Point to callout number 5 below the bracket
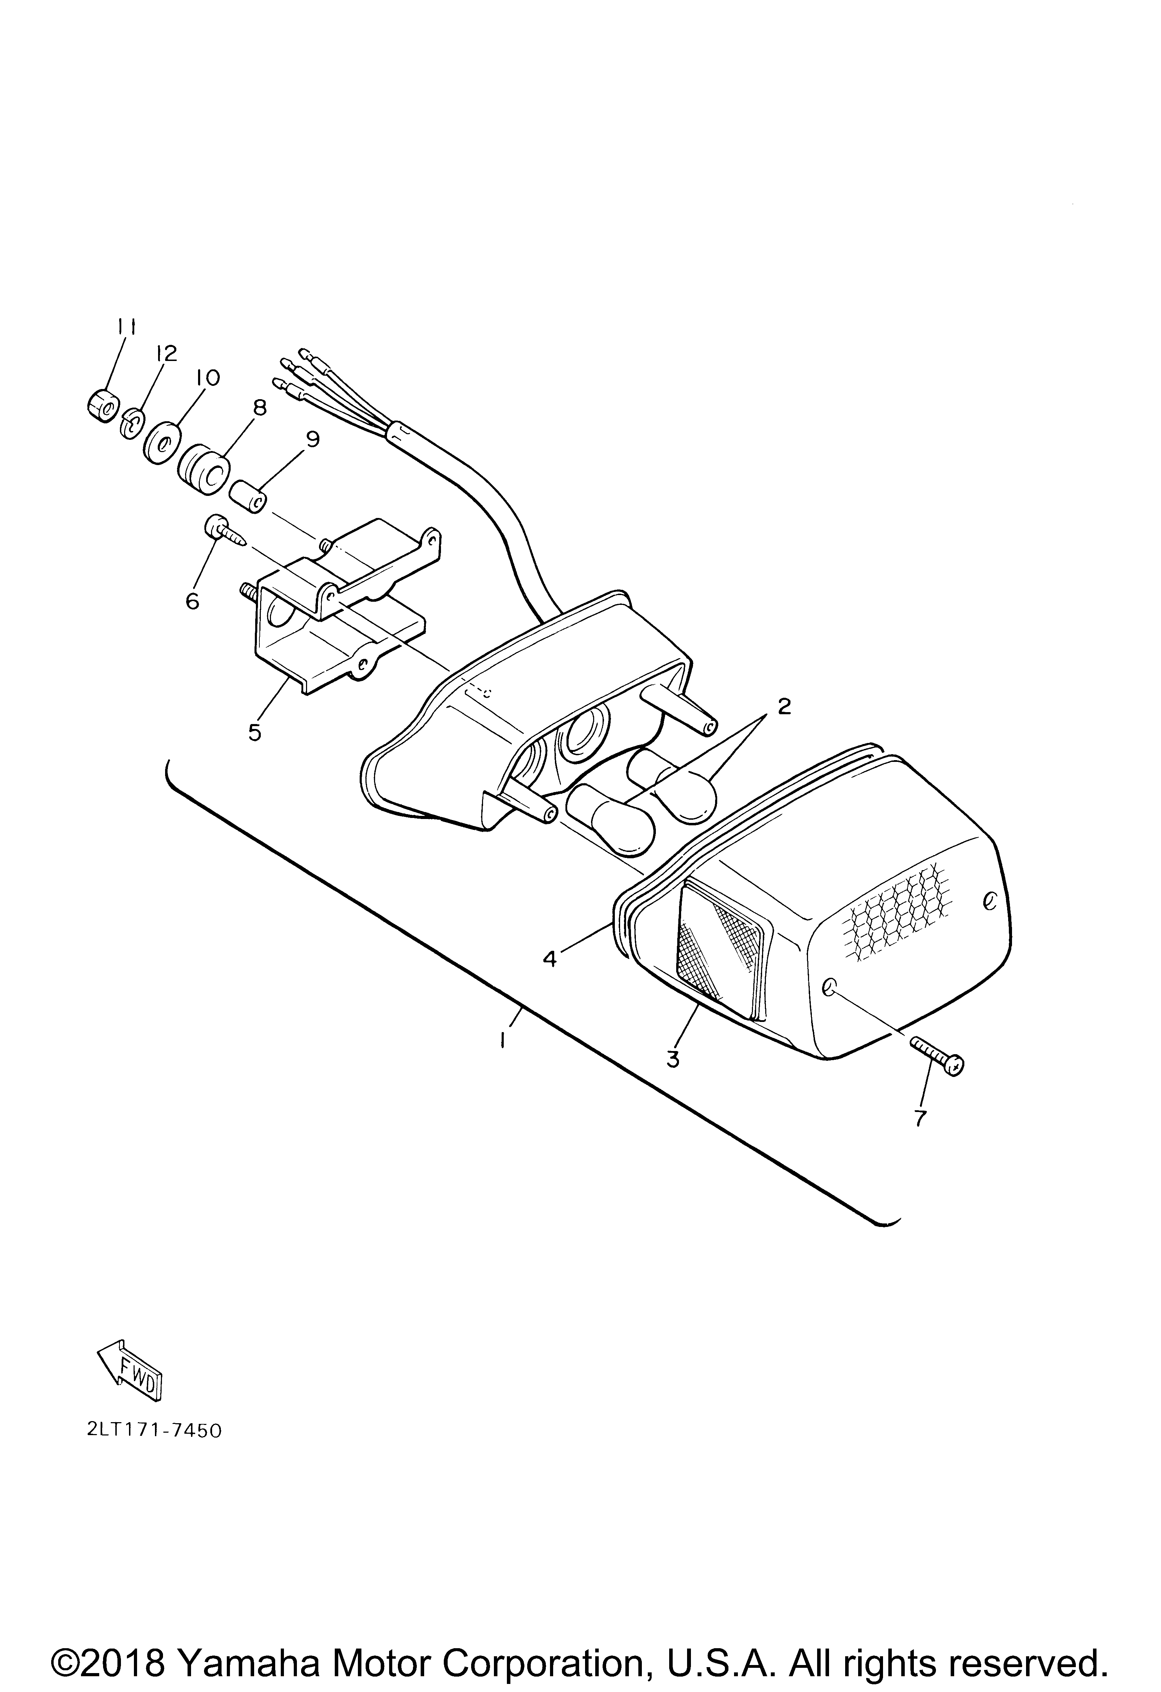[254, 732]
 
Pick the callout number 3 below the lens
[673, 1059]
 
